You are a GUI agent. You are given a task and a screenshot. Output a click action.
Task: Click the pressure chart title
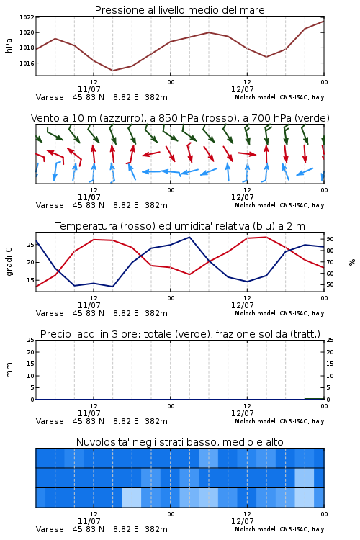pos(179,10)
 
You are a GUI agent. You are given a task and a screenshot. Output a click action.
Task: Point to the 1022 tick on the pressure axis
pos(27,17)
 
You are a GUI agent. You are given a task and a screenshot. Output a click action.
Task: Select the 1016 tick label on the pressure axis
pos(27,63)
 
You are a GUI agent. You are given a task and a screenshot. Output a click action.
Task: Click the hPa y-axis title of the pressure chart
pos(9,45)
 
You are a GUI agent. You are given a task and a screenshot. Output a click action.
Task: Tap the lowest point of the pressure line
pos(112,71)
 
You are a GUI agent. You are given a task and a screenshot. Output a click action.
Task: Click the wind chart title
pos(180,118)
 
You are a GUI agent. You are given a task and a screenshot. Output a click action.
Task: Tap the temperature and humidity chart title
pos(180,226)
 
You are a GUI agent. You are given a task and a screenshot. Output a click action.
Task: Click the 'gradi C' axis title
pos(9,262)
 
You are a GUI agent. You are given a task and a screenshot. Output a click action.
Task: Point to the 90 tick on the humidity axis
pos(330,239)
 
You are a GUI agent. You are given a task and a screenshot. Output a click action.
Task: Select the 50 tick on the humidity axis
pos(330,285)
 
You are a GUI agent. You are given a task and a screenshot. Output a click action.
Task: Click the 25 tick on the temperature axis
pos(31,245)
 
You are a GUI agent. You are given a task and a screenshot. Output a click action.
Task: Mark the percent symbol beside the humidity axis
pos(352,262)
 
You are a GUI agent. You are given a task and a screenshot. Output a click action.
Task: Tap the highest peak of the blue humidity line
pos(189,237)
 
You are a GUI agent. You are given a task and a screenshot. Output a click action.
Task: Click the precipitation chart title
pos(180,334)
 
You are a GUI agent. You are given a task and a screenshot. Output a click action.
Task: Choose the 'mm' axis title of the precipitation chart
pos(9,370)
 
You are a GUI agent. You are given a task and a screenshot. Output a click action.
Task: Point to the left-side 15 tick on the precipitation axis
pos(31,364)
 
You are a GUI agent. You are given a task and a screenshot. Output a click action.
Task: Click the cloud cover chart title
pos(179,442)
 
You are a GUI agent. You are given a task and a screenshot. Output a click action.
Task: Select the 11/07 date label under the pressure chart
pos(89,89)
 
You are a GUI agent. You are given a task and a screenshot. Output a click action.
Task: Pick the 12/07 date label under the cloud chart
pos(243,521)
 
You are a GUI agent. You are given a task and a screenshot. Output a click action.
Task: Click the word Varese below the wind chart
pos(50,206)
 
